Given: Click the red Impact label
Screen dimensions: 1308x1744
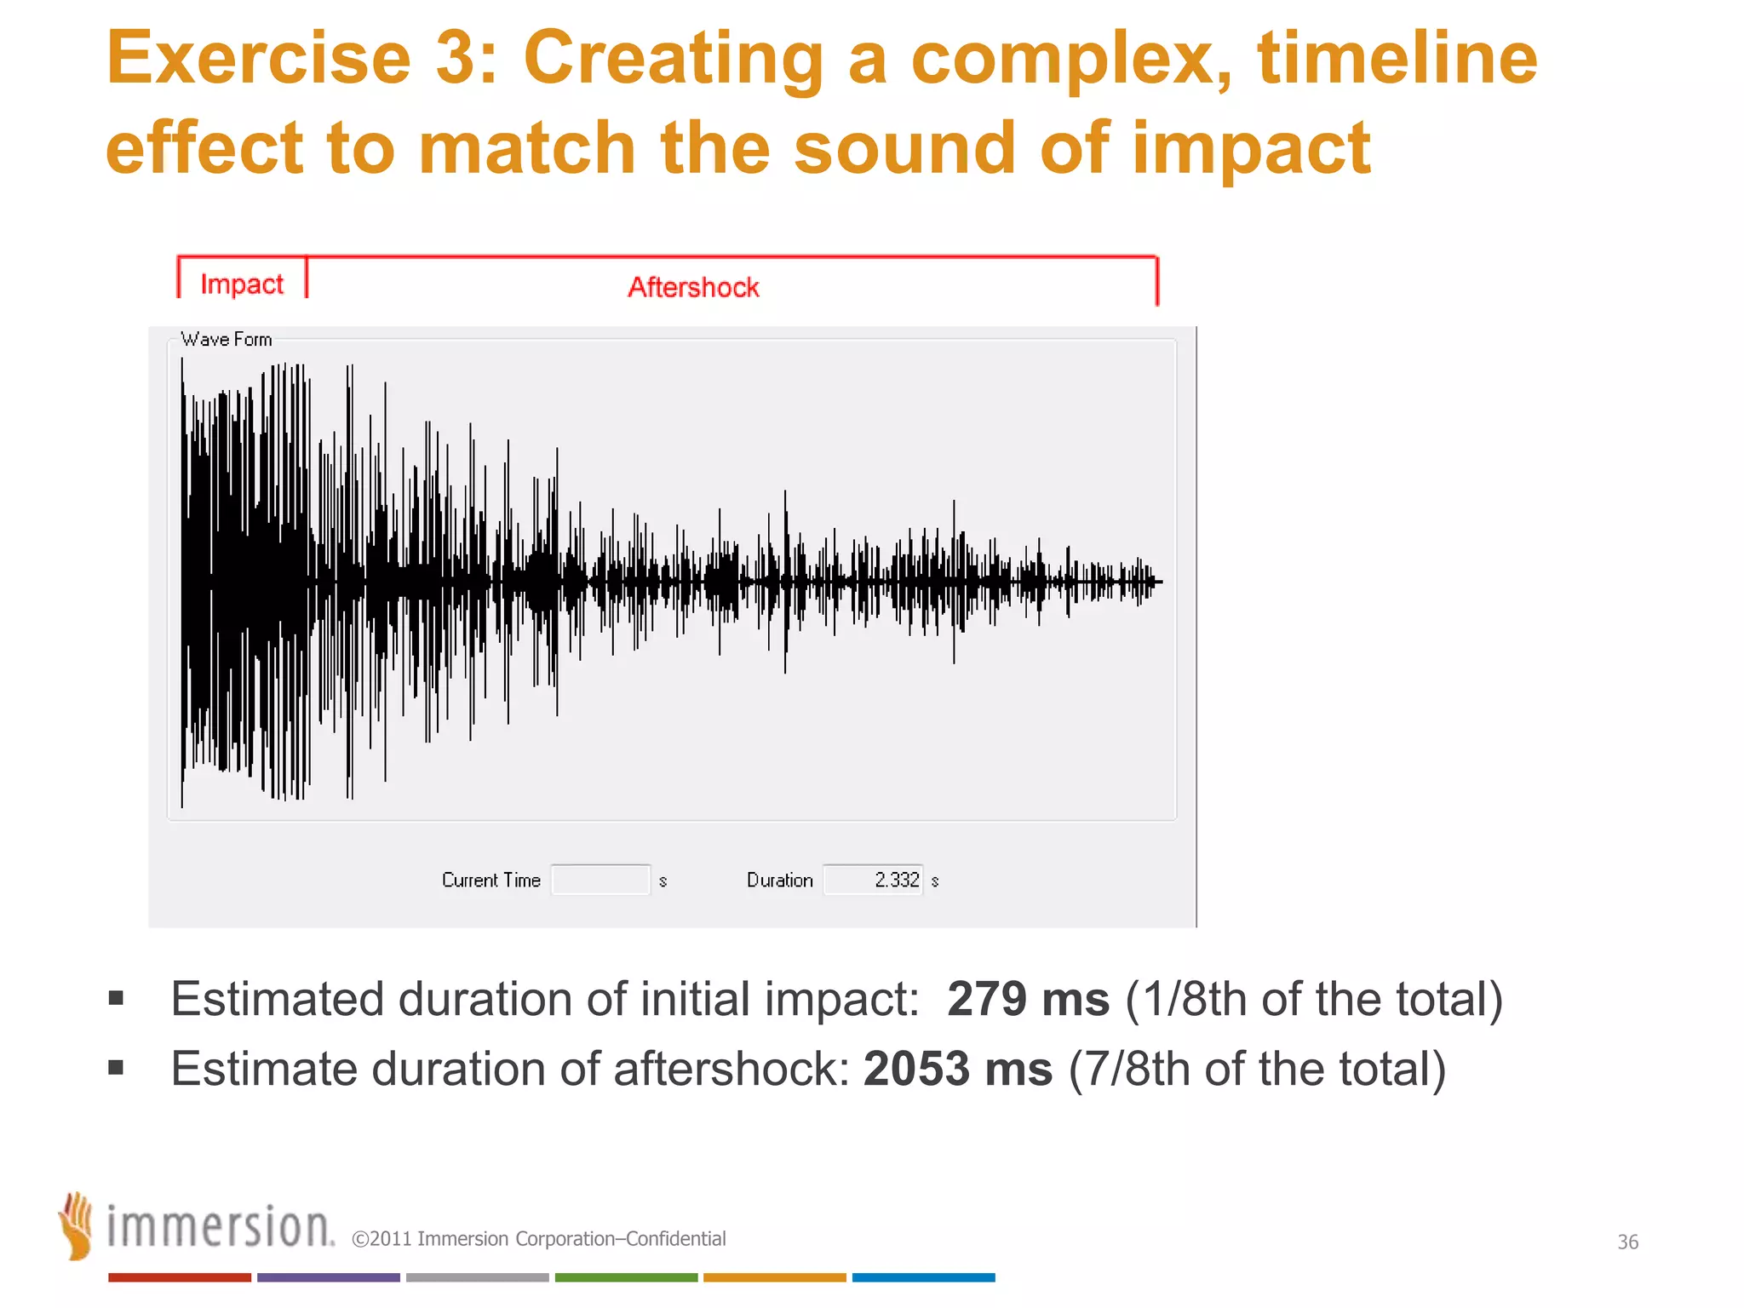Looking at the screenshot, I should coord(242,284).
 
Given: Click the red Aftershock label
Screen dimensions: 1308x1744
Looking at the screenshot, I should coord(693,288).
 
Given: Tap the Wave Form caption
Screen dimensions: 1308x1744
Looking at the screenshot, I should coord(227,340).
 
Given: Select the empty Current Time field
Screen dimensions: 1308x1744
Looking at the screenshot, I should coord(600,880).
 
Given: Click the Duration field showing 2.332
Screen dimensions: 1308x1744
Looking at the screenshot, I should coord(873,880).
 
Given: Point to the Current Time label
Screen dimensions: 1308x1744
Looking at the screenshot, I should coord(491,881).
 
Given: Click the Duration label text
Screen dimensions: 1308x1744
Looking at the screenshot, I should coord(779,881).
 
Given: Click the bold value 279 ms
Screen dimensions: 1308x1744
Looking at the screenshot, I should coord(1028,999).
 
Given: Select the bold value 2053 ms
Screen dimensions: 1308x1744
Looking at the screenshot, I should coord(957,1069).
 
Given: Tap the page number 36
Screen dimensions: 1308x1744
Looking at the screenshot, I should coord(1627,1242).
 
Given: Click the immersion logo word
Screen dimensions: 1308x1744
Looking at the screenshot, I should coord(220,1229).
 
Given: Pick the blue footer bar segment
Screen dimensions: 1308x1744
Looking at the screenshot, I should coord(923,1277).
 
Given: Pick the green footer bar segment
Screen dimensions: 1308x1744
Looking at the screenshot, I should coord(626,1277).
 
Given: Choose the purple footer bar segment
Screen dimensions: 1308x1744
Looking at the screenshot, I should coord(328,1277).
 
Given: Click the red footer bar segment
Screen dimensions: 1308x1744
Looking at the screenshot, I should coord(179,1277).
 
